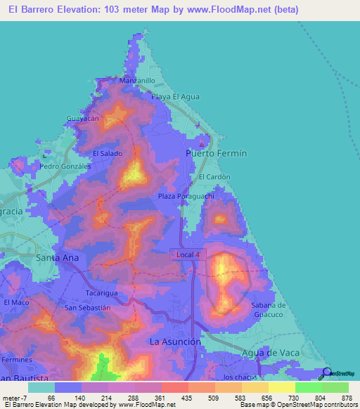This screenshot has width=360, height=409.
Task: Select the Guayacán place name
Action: click(80, 119)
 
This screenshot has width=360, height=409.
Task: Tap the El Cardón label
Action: click(214, 177)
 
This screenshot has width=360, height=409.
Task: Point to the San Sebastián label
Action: click(88, 308)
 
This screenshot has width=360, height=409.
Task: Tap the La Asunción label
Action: click(176, 341)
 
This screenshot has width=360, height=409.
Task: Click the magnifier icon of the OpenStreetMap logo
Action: click(328, 373)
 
